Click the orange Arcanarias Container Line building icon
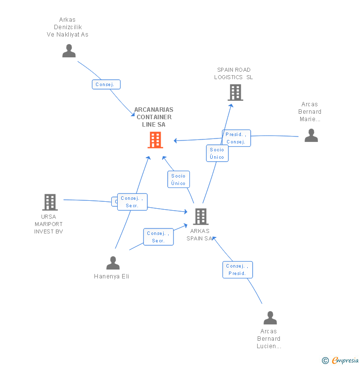point(155,140)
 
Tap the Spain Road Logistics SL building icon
point(235,92)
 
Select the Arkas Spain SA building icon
point(200,217)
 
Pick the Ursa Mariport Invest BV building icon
point(49,202)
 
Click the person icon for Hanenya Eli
point(113,263)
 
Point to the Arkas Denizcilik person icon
point(69,51)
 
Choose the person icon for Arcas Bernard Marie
point(311,135)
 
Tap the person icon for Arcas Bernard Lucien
point(270,318)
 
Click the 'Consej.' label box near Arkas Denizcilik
point(106,85)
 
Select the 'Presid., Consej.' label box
point(236,138)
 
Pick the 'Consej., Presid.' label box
point(237,270)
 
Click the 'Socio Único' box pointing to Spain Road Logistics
point(217,153)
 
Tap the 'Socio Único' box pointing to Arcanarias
point(178,180)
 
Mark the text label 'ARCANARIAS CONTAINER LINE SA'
point(154,117)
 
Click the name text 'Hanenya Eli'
point(111,276)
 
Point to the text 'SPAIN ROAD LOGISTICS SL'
point(233,74)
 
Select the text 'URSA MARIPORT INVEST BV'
point(48,224)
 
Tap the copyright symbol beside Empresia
point(325,361)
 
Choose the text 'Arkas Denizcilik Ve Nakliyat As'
point(67,27)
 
